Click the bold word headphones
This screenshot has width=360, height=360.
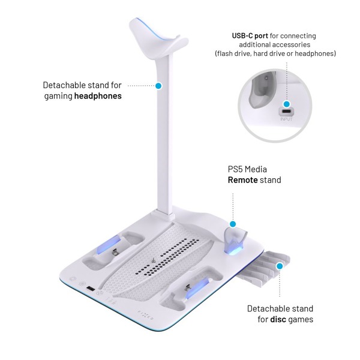[x=98, y=96]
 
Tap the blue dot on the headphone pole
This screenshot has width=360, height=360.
[x=158, y=86]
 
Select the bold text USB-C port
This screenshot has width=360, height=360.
[x=253, y=36]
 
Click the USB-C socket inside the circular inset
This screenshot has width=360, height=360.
[x=287, y=112]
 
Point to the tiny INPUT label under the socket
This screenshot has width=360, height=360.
[x=287, y=120]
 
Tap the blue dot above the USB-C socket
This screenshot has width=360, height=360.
[x=287, y=104]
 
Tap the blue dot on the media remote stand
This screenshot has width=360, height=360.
[x=234, y=223]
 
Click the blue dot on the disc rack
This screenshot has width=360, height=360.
[x=279, y=265]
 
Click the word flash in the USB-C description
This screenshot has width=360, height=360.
[x=226, y=54]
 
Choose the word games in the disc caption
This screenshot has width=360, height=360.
[x=299, y=319]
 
